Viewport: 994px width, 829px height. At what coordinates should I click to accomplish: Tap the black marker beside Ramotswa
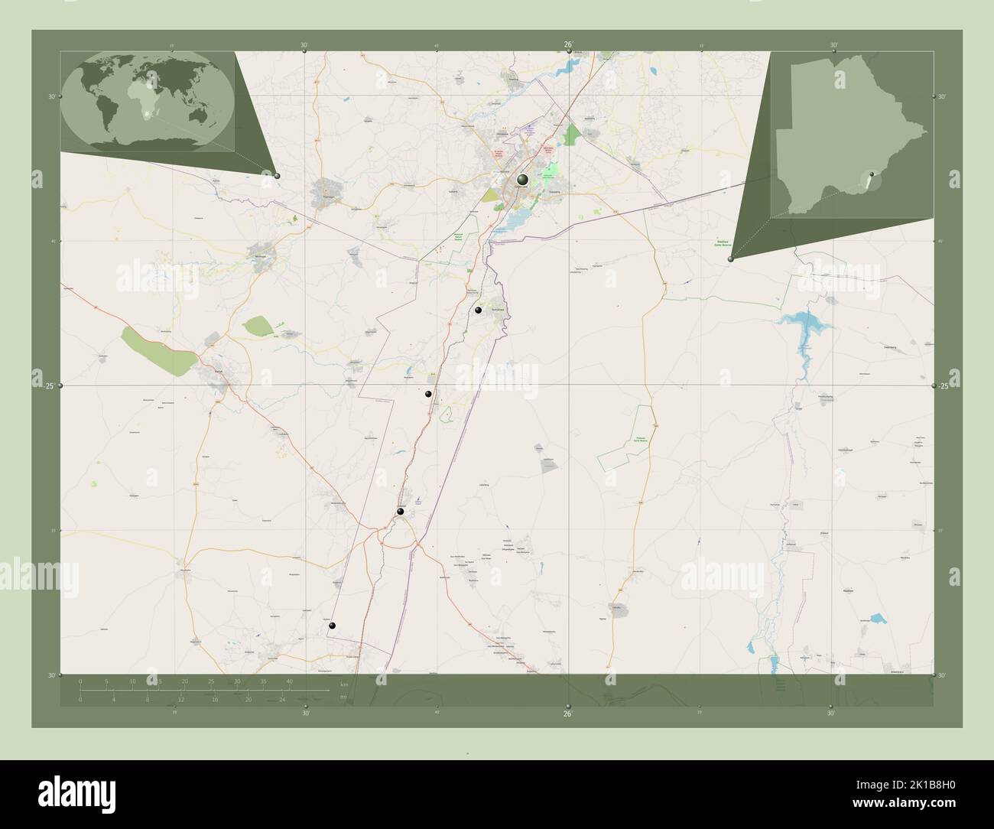pyautogui.click(x=478, y=310)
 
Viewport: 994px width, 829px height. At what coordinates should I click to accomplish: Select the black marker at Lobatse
pyautogui.click(x=399, y=512)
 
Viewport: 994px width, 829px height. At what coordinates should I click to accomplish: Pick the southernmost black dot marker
pyautogui.click(x=332, y=626)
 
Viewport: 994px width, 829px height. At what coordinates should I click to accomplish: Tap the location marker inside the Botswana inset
pyautogui.click(x=868, y=181)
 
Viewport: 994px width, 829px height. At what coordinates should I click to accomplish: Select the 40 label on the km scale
pyautogui.click(x=288, y=680)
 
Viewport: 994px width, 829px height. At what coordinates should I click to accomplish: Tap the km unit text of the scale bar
pyautogui.click(x=344, y=684)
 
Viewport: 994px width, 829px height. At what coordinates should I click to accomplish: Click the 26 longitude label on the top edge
pyautogui.click(x=568, y=44)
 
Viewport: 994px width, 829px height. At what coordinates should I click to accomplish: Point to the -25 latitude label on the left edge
pyautogui.click(x=50, y=386)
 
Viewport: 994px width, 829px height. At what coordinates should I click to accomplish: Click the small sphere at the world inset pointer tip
pyautogui.click(x=277, y=176)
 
